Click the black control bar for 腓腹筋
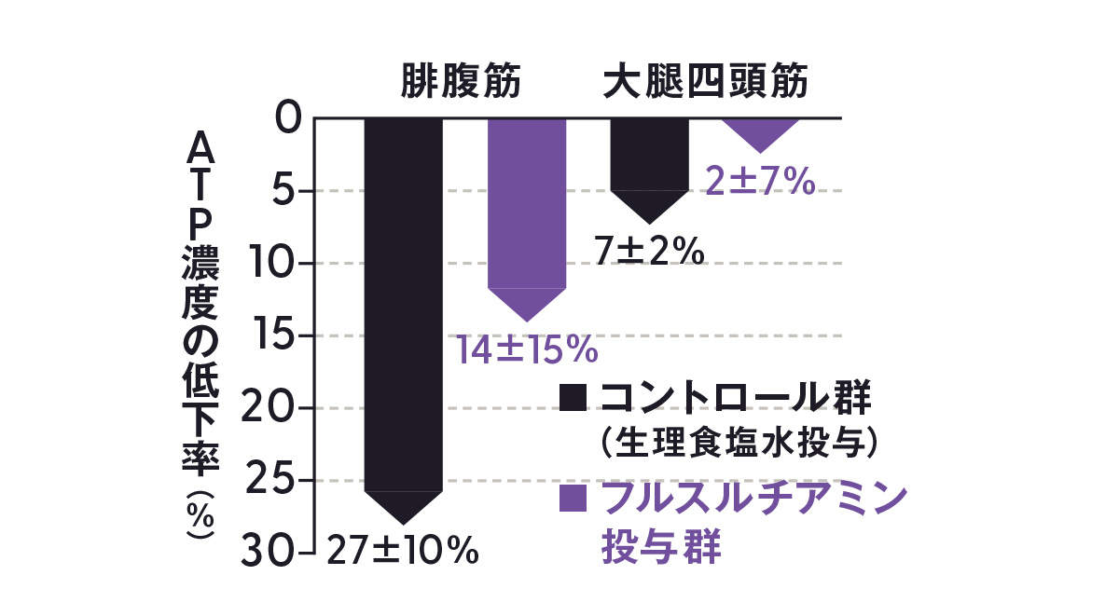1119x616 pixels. click(x=403, y=308)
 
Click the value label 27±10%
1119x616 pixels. click(x=402, y=551)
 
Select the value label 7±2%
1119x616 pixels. click(x=649, y=249)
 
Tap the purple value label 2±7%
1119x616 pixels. click(x=760, y=181)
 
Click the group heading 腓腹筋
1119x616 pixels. click(x=461, y=82)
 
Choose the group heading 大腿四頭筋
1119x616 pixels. click(x=705, y=82)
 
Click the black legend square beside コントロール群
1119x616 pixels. click(x=573, y=398)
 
